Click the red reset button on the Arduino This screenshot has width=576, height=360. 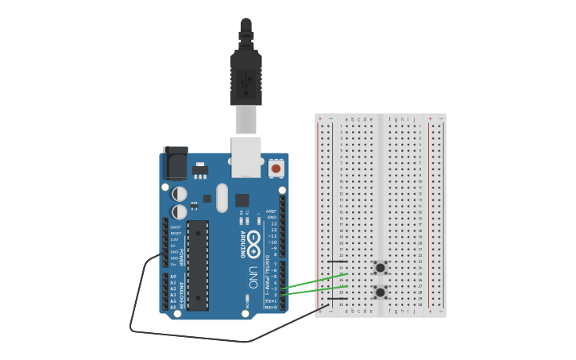coord(276,168)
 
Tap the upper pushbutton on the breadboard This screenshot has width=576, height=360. coord(381,267)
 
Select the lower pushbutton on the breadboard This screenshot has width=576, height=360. coord(381,292)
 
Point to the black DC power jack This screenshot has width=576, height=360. coord(175,163)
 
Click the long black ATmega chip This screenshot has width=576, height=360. coord(198,265)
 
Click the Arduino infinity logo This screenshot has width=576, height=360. coord(253,242)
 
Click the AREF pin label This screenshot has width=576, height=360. coord(272,211)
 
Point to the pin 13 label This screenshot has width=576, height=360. coord(273,223)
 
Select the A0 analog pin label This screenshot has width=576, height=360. coord(173,276)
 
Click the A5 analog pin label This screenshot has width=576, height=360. coord(173,306)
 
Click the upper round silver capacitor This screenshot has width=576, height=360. coord(180,193)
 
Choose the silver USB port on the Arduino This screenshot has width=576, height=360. coord(245,156)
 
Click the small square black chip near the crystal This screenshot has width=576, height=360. coord(242,200)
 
